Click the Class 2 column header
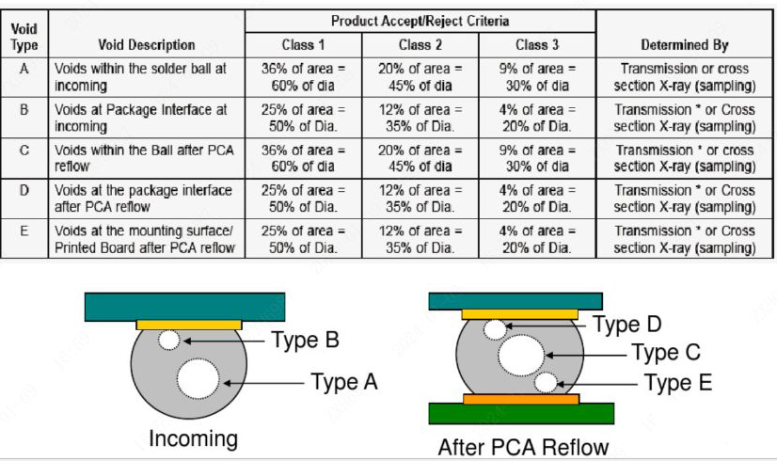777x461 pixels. [420, 44]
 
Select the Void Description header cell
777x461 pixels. [147, 44]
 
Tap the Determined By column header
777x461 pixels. [685, 44]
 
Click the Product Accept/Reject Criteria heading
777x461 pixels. [420, 21]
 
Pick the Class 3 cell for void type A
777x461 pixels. [536, 76]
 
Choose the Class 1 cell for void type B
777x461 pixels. [303, 117]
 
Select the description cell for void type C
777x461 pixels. [145, 158]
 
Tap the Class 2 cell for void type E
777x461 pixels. [420, 239]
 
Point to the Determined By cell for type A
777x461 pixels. [685, 76]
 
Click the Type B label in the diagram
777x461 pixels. [305, 340]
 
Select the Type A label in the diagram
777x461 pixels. [348, 381]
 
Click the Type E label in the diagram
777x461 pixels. [678, 382]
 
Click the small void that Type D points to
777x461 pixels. [494, 329]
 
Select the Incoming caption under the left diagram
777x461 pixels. [193, 438]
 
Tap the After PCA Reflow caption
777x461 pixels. [523, 446]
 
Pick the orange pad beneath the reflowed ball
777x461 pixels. [521, 399]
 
